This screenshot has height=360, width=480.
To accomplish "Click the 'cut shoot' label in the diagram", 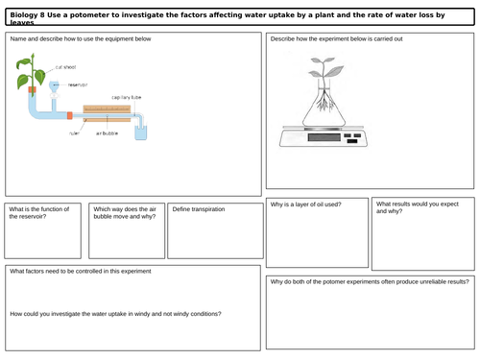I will (x=65, y=68).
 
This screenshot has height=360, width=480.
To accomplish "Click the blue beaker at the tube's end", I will (x=142, y=131).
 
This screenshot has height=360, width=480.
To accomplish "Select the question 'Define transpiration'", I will (x=199, y=208).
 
